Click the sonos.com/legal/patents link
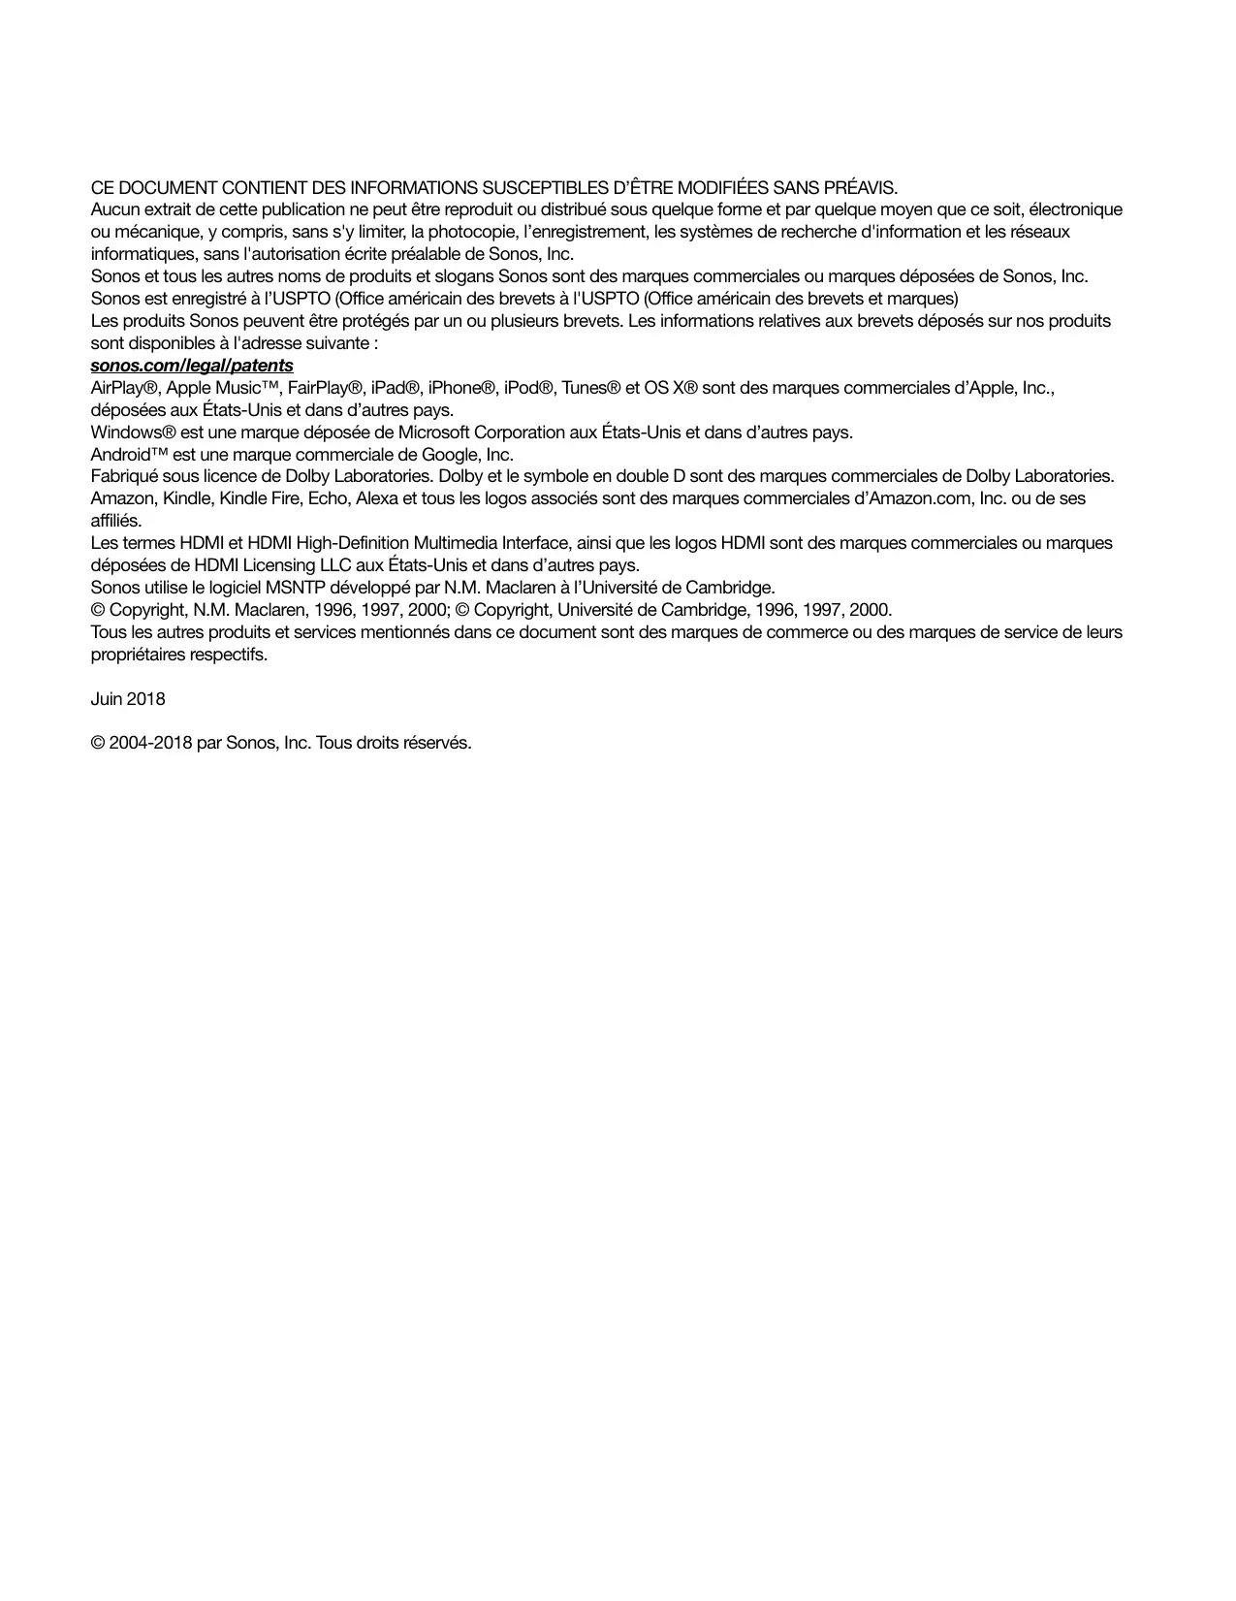click(x=192, y=366)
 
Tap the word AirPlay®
click(x=126, y=388)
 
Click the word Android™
click(x=130, y=455)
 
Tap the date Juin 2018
click(x=128, y=699)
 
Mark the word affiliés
click(x=115, y=521)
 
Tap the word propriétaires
click(x=137, y=655)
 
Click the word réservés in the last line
click(x=438, y=744)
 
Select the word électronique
click(x=1075, y=209)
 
